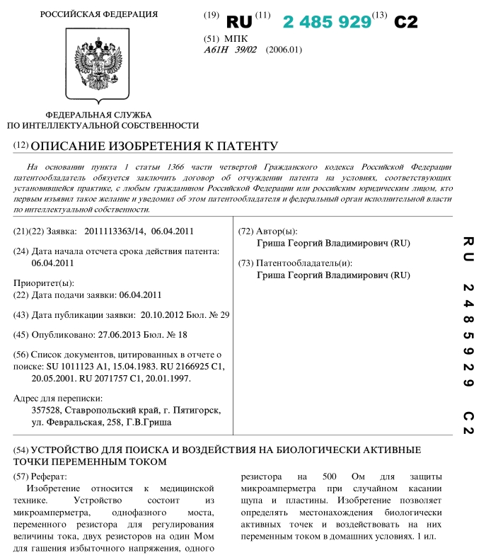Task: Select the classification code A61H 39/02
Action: pyautogui.click(x=230, y=50)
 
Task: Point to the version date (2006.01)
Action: pyautogui.click(x=284, y=50)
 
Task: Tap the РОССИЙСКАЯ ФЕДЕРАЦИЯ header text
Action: pyautogui.click(x=99, y=14)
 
